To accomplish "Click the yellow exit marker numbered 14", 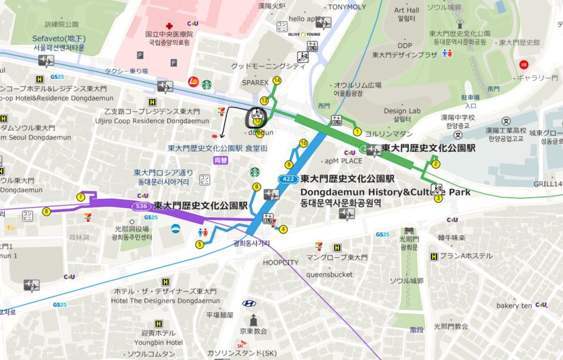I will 277,81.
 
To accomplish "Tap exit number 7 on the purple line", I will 81,197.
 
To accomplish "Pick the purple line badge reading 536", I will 141,206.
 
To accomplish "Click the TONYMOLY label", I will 346,7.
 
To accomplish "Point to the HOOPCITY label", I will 280,262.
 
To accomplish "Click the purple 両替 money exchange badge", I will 219,160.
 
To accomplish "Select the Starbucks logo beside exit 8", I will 254,173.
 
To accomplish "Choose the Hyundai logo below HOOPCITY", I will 249,303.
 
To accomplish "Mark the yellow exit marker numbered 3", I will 438,198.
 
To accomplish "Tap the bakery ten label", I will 514,306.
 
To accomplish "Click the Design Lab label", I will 402,111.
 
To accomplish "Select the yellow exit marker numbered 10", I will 303,143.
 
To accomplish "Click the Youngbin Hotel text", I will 158,342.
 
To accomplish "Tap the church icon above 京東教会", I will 253,319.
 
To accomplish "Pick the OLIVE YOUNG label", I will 304,34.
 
